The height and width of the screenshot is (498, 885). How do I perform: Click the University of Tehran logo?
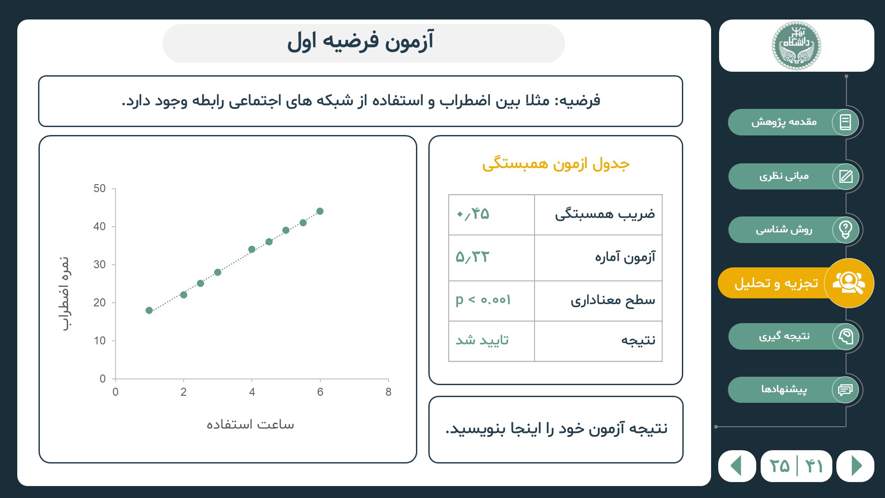[x=796, y=46]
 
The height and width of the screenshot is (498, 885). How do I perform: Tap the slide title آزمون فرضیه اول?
[x=361, y=42]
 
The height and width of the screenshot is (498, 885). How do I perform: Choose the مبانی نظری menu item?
[x=794, y=176]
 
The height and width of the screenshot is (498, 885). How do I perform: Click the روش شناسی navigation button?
[x=794, y=229]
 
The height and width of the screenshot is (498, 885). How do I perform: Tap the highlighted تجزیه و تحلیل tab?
[x=796, y=283]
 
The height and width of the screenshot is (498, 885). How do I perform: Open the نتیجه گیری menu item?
[x=794, y=336]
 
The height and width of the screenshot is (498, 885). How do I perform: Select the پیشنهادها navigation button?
[x=794, y=390]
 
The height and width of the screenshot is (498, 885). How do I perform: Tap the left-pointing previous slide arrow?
[x=736, y=466]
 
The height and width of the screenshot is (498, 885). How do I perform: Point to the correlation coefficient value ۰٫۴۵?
[x=473, y=214]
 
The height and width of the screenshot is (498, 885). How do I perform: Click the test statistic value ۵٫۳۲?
[x=473, y=257]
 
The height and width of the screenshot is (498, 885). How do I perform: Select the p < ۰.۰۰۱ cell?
[x=483, y=300]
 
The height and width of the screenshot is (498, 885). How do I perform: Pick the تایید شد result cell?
[x=482, y=340]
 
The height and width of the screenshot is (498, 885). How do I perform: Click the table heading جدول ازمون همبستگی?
[x=556, y=164]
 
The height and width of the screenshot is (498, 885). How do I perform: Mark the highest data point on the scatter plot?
[x=320, y=211]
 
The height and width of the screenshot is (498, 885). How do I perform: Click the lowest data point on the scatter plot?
[x=149, y=310]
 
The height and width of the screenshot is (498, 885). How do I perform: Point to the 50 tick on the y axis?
[x=100, y=189]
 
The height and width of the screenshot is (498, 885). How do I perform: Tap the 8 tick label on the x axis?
[x=389, y=392]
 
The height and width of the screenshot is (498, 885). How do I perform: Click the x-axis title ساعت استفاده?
[x=250, y=425]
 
